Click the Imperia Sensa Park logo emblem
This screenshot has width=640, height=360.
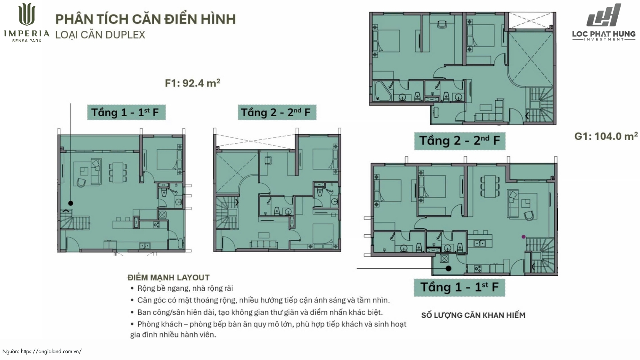pos(27,14)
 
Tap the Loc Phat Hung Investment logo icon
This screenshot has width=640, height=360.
pos(604,15)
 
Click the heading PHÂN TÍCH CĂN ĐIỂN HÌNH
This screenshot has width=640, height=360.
pos(146,19)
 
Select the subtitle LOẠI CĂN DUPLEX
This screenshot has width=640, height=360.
pos(100,35)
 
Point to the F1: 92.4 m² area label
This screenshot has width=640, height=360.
pos(193,83)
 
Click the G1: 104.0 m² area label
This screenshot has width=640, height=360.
pos(606,136)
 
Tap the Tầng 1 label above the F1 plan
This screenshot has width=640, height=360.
pos(126,112)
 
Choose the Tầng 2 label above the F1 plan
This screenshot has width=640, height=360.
pos(277,112)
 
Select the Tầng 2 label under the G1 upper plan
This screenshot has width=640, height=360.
pos(460,141)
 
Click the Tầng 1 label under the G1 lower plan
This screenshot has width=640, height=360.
pos(459,287)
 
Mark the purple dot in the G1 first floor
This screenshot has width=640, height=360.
pos(523,237)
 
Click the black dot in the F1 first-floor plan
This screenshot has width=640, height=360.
pos(70,203)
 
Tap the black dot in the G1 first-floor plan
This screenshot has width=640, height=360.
pos(449,269)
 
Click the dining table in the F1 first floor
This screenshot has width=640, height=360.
pos(118,173)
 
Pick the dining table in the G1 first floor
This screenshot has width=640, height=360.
pos(490,187)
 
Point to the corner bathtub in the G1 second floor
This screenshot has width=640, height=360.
pos(382,91)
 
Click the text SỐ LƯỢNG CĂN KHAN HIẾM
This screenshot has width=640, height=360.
pos(473,315)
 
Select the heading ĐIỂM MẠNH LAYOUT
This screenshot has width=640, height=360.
pos(168,277)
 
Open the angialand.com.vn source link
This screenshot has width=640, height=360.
pos(51,351)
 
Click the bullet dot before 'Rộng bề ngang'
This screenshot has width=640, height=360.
pos(132,288)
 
